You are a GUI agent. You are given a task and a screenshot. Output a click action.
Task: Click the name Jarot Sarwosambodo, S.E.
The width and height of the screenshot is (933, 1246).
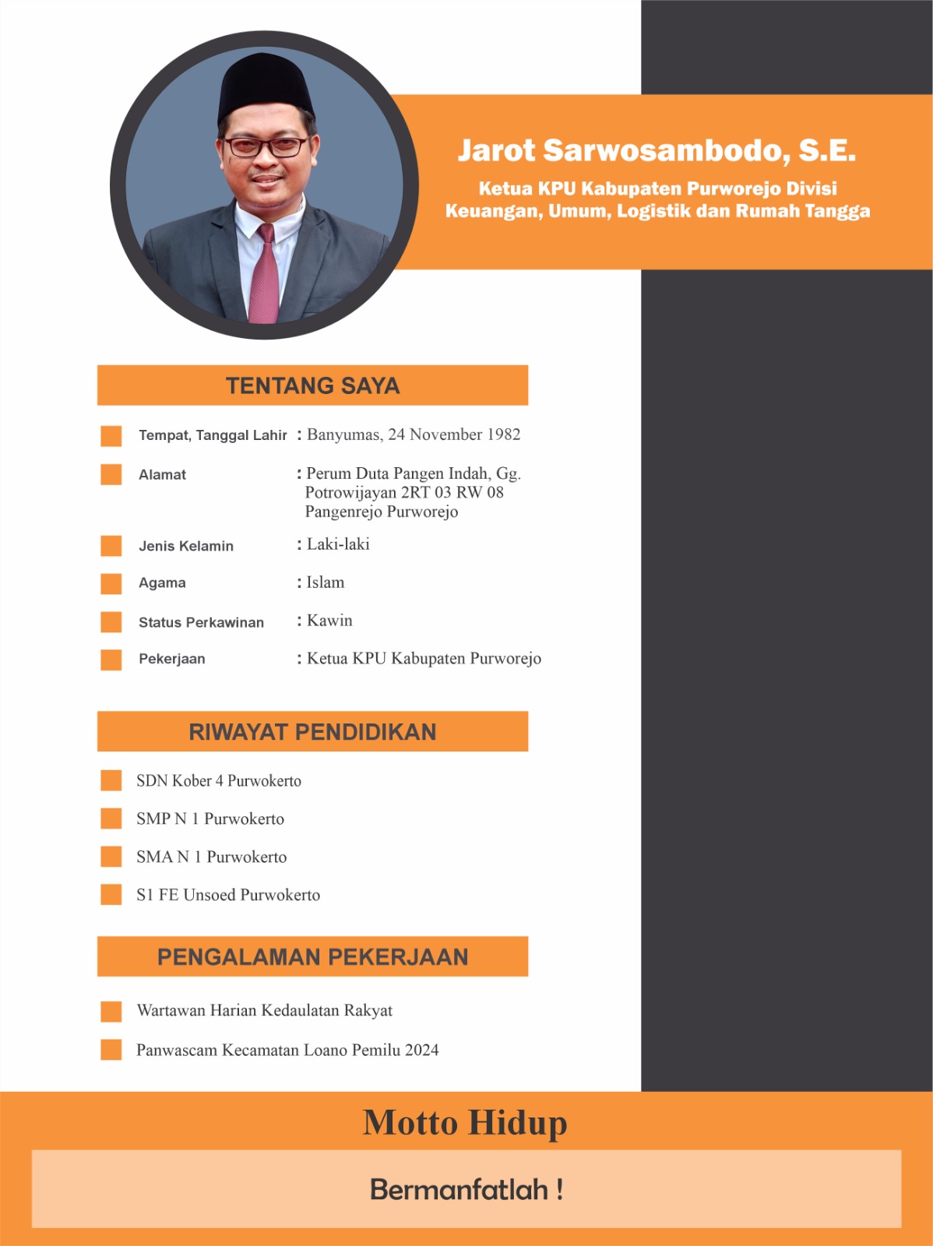click(x=657, y=150)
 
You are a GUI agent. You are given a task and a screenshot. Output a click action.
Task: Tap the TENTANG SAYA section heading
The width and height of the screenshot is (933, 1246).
click(x=312, y=385)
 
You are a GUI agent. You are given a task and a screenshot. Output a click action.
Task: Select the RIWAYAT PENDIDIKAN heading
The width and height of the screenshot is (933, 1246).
click(x=312, y=732)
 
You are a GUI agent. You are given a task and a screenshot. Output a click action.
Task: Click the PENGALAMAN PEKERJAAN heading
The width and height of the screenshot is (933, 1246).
click(x=312, y=957)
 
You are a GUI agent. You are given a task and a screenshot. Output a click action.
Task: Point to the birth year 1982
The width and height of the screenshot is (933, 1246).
click(x=503, y=435)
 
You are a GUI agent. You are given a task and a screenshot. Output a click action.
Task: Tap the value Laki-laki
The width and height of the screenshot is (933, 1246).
click(x=338, y=544)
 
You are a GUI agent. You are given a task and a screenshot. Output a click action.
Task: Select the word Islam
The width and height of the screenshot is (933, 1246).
click(x=326, y=583)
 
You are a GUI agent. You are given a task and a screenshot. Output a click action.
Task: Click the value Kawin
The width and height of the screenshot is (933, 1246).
click(x=329, y=621)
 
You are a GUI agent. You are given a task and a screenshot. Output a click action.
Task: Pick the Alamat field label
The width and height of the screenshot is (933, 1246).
click(x=162, y=475)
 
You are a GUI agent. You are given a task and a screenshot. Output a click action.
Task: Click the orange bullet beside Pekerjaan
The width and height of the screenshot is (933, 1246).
click(x=111, y=660)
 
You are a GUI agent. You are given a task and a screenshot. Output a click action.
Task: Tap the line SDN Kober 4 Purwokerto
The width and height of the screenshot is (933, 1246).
click(x=218, y=781)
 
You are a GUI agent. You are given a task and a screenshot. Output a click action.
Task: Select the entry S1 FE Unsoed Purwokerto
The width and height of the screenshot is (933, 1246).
click(x=227, y=895)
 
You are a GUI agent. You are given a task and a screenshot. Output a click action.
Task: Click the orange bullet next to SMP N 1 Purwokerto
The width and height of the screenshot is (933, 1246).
click(x=111, y=818)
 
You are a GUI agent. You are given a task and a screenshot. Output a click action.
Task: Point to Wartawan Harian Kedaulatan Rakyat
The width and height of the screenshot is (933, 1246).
click(x=264, y=1011)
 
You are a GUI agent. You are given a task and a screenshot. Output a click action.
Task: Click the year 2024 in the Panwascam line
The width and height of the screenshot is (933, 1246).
click(x=421, y=1050)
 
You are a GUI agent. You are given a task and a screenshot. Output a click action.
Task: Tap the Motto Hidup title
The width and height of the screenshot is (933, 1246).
click(x=465, y=1123)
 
